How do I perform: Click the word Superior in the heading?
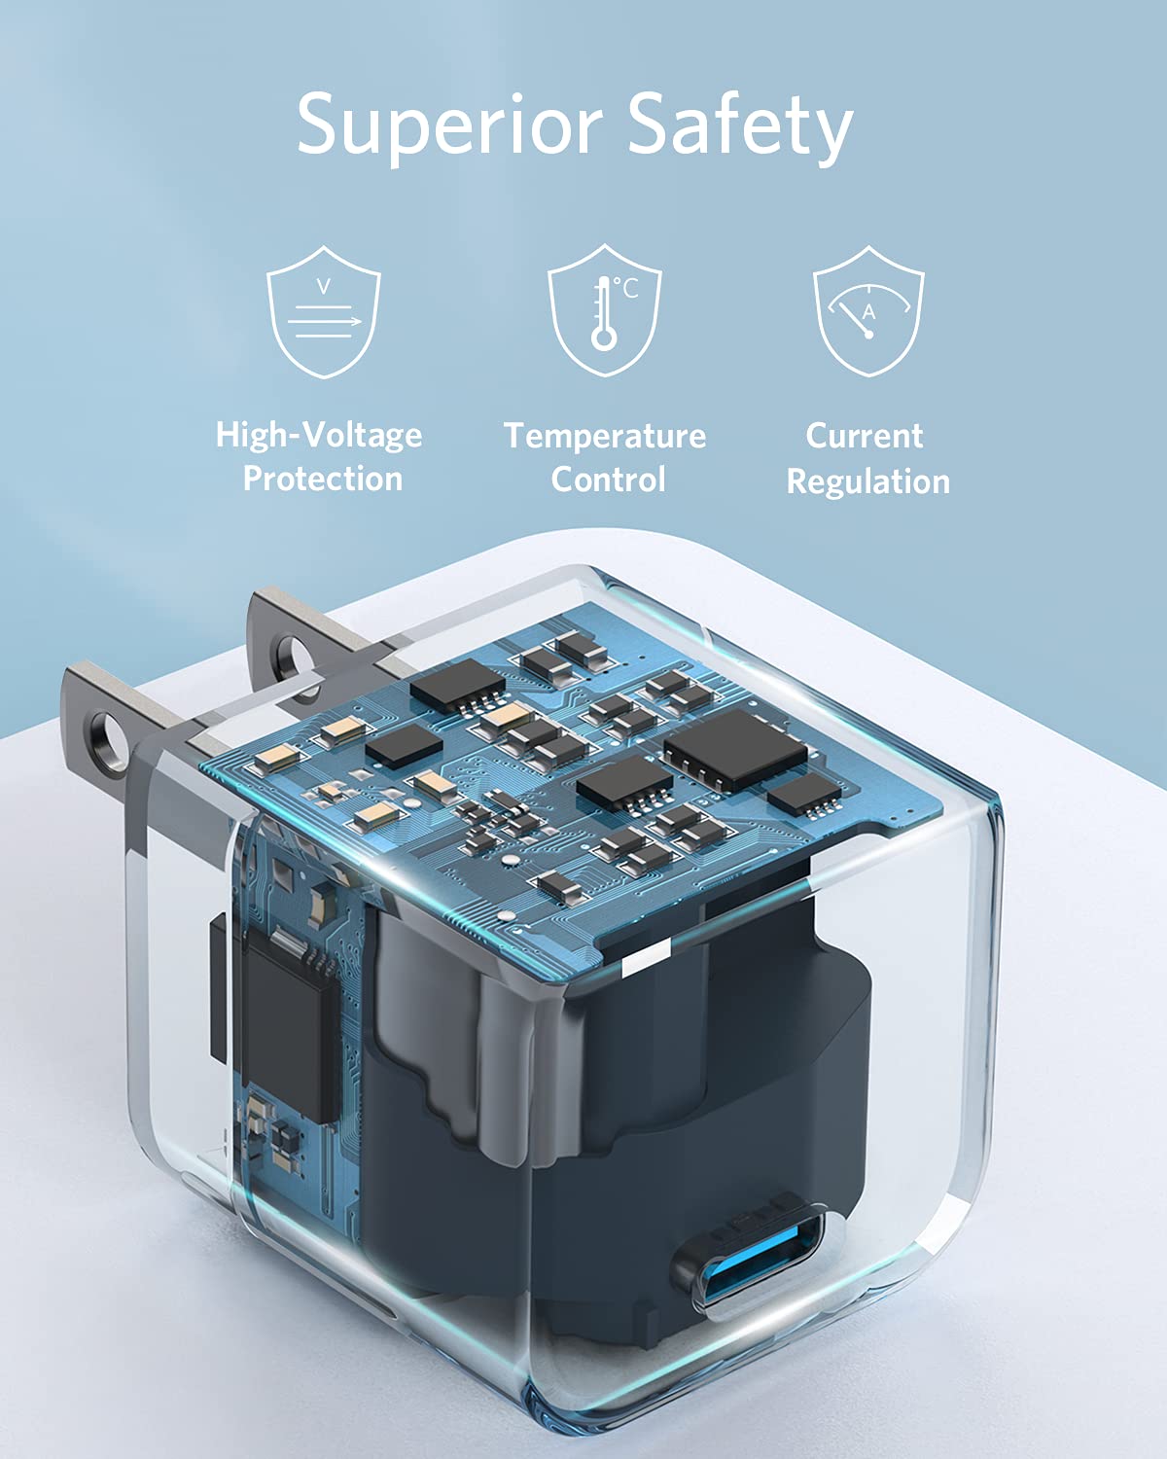pos(449,125)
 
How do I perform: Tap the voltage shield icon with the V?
pos(324,311)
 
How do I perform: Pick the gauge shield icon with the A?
pos(868,311)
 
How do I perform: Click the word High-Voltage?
pos(319,435)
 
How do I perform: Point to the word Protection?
pos(322,479)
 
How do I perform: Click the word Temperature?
pos(605,435)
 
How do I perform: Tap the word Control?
pos(608,480)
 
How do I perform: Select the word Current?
pos(864,435)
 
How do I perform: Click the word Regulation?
pos(867,481)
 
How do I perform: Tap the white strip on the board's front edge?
pos(646,958)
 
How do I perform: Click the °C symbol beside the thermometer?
pos(627,288)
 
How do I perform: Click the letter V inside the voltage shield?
pos(324,285)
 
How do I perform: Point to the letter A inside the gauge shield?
pos(869,312)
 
